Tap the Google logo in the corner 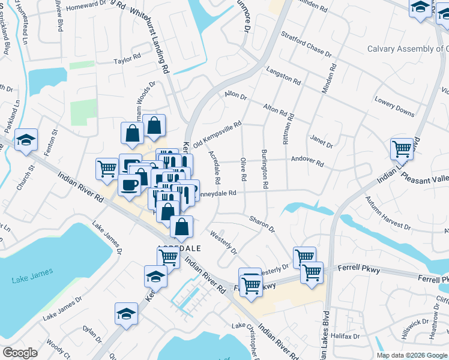(x=20, y=352)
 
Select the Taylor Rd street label (x=127, y=61)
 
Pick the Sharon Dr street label (x=262, y=224)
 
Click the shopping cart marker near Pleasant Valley (x=402, y=148)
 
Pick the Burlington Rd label (x=264, y=169)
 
